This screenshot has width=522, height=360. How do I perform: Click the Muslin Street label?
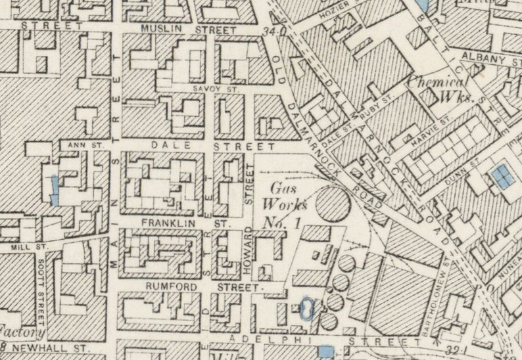189,31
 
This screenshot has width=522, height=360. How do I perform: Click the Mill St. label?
26,247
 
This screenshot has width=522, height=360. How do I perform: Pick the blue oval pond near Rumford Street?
306,309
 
